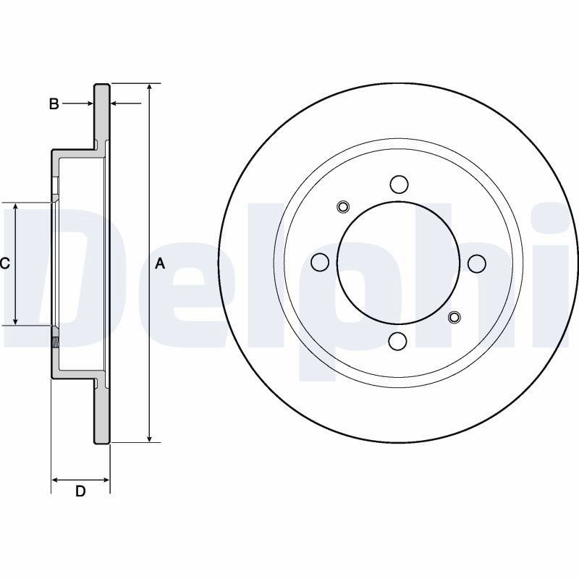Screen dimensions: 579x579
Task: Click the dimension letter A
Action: click(x=159, y=263)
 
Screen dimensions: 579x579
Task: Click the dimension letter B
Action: click(x=54, y=103)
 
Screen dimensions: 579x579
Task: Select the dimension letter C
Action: click(x=4, y=263)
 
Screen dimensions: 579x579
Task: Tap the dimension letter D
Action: click(x=80, y=491)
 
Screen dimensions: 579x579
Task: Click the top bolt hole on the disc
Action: click(x=400, y=185)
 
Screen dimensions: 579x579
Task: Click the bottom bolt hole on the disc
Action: click(x=399, y=341)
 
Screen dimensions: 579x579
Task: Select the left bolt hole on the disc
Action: click(x=320, y=262)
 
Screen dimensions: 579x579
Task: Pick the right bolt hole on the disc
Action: click(x=477, y=263)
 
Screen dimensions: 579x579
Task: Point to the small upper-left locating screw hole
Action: click(x=343, y=207)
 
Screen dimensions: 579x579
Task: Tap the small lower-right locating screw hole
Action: click(x=455, y=317)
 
